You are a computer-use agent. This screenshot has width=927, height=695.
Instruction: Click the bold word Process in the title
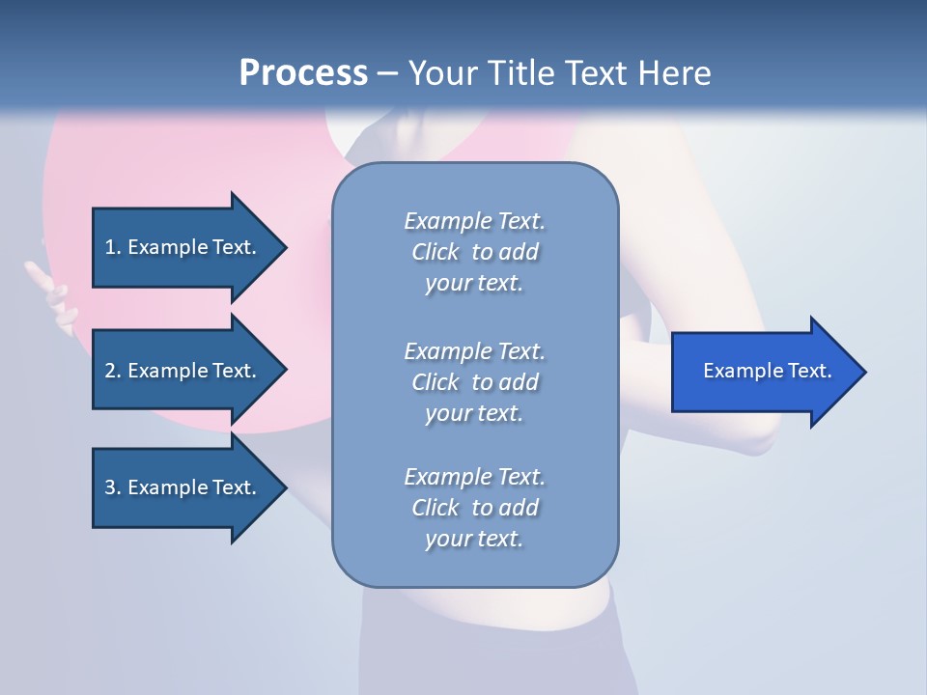(303, 73)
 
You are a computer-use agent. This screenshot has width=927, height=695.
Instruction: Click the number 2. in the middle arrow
(112, 371)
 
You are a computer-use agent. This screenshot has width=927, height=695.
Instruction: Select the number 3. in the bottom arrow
(112, 487)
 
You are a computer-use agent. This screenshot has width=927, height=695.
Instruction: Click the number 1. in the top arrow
(112, 247)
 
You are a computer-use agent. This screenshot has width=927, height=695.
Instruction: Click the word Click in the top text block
(435, 252)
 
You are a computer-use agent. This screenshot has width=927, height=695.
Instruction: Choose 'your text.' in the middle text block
(474, 413)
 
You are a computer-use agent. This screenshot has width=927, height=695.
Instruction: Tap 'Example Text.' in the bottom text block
(474, 477)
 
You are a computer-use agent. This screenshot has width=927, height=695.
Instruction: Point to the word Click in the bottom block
(435, 508)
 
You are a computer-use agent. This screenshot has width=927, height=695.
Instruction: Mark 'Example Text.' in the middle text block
(474, 351)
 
